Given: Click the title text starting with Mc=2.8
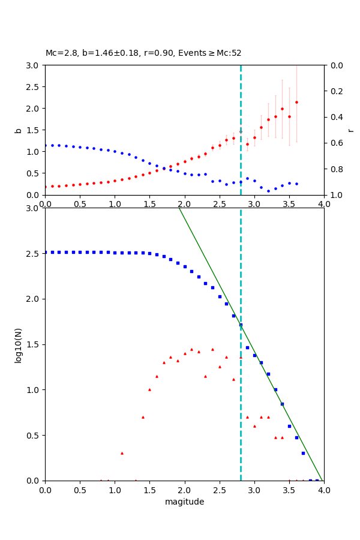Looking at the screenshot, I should click(x=143, y=53).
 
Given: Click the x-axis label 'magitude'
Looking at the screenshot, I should click(x=184, y=502).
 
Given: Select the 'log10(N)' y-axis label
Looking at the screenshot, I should click(x=18, y=344).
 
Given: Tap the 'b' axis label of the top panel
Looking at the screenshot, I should click(x=18, y=130).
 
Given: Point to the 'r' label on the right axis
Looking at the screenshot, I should click(x=350, y=130).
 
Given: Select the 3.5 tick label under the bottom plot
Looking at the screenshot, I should click(x=289, y=490).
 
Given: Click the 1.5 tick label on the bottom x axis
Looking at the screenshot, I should click(x=149, y=490).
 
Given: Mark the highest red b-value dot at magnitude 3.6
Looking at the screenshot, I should click(x=296, y=102).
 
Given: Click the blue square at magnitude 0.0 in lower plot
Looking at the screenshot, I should click(x=46, y=252).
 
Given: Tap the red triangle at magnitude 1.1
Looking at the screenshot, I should click(x=122, y=453).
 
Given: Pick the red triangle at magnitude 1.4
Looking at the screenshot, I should click(x=143, y=417).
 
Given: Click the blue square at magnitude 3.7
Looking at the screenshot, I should click(x=303, y=453).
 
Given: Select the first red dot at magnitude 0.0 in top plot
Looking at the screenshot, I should click(x=46, y=187).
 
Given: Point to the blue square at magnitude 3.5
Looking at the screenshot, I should click(x=289, y=426).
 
